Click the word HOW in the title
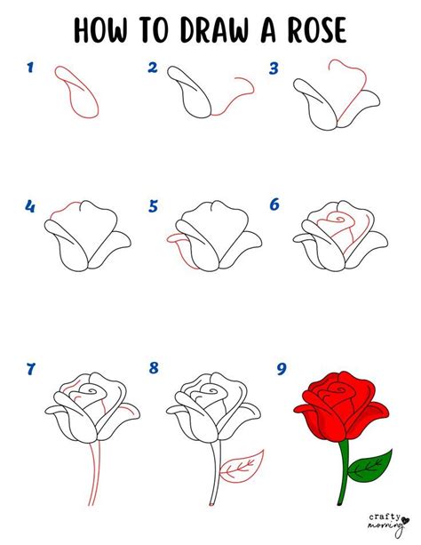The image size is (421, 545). coord(100,30)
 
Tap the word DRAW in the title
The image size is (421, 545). coord(214,30)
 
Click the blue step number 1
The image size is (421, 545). coord(30,67)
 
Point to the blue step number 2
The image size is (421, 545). coord(153,68)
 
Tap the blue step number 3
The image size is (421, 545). coord(274,68)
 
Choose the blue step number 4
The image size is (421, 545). coord(30,206)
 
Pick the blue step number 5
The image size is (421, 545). coord(153,206)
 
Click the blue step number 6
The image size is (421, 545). coord(274,204)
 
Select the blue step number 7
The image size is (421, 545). coord(30,369)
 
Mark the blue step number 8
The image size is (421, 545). coord(154,367)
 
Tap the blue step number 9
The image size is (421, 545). coord(282,369)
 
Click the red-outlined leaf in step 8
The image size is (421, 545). coord(242,467)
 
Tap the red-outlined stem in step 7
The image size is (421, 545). coord(95,473)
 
